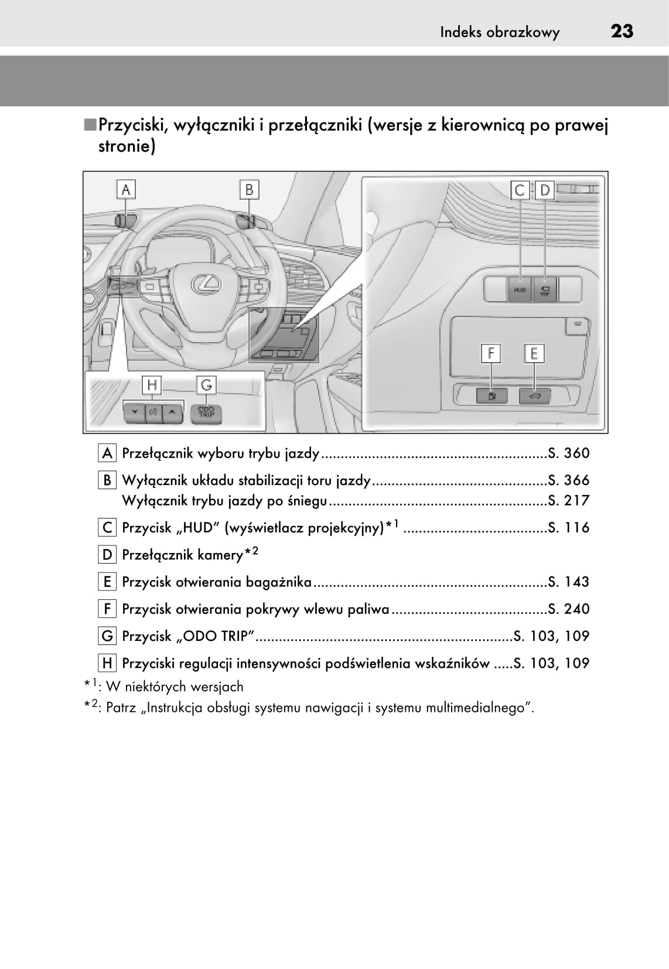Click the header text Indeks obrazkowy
[x=500, y=32]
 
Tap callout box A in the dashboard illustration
[x=126, y=190]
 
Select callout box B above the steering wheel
[x=249, y=190]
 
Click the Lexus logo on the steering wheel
[x=207, y=284]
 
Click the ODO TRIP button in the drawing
[x=206, y=412]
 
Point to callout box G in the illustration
[x=206, y=385]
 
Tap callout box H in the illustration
[x=152, y=385]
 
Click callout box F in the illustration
[x=490, y=354]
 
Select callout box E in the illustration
[x=534, y=354]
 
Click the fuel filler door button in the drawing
[x=490, y=396]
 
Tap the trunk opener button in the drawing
[x=534, y=396]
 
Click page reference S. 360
[x=568, y=453]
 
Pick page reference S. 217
[x=568, y=501]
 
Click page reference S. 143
[x=568, y=582]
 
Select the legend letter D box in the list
[x=107, y=555]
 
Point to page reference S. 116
[x=568, y=528]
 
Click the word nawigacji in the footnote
[x=340, y=708]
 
